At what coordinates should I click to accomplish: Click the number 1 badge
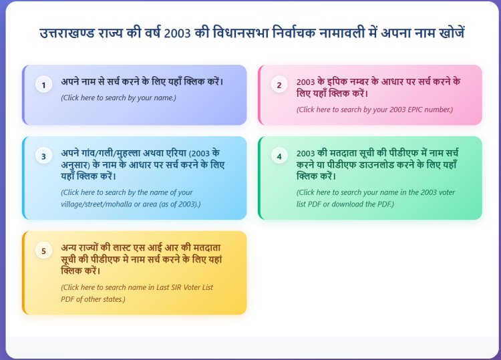[43, 85]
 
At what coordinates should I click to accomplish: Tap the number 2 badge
[279, 85]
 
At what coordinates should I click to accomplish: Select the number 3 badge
[43, 156]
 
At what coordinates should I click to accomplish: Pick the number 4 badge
[279, 156]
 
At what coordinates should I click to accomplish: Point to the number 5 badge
[43, 251]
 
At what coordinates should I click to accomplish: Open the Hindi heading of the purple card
[142, 82]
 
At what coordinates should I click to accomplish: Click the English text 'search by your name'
[118, 98]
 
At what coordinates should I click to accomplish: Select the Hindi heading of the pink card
[378, 87]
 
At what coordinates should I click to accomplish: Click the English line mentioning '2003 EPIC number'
[374, 110]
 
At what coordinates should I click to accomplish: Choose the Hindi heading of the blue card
[145, 164]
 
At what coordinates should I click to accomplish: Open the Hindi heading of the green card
[379, 164]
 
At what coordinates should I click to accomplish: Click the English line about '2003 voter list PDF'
[375, 198]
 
